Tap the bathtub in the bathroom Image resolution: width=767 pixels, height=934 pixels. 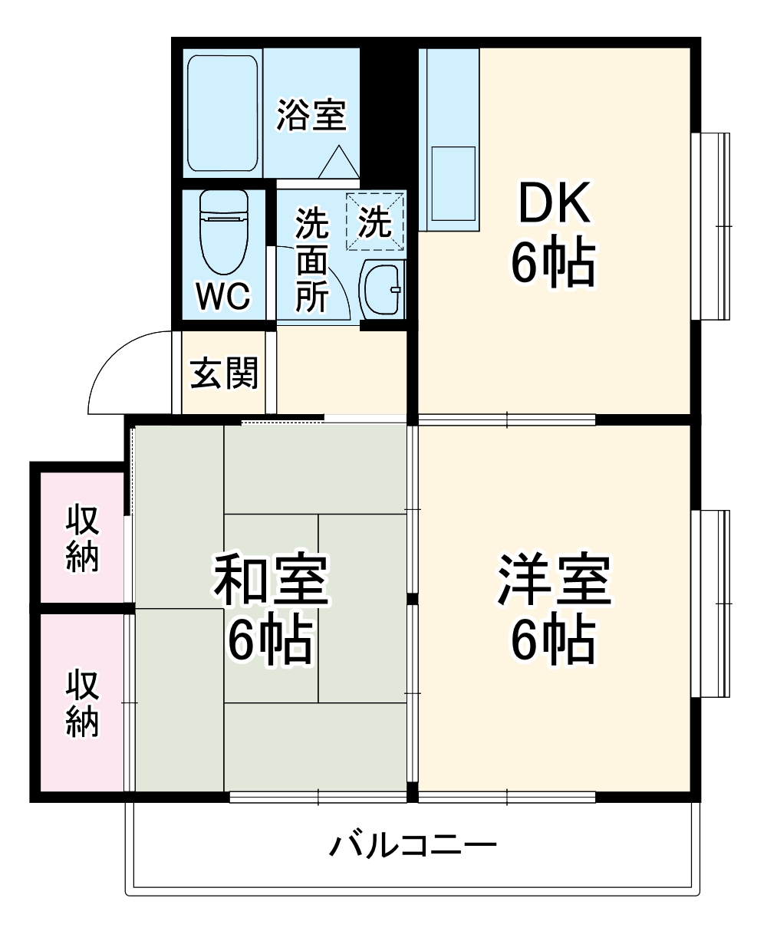[x=222, y=113]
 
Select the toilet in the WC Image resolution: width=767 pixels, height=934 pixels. [x=224, y=230]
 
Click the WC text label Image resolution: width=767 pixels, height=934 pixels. [x=222, y=296]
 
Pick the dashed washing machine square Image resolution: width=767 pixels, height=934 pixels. [x=374, y=222]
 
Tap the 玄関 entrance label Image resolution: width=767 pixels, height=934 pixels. [x=224, y=373]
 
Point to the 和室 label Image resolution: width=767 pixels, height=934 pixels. [x=270, y=580]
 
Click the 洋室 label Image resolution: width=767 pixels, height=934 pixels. [x=554, y=580]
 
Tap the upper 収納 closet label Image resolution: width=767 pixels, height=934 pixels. [x=82, y=539]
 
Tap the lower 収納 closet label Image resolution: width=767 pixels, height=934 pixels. [x=82, y=704]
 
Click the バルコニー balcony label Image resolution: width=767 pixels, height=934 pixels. [x=413, y=847]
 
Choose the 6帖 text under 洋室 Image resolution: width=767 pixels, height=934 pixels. [x=554, y=640]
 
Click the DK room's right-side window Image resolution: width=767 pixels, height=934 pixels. [x=712, y=225]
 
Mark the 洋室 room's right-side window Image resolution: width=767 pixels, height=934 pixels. [x=712, y=603]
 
